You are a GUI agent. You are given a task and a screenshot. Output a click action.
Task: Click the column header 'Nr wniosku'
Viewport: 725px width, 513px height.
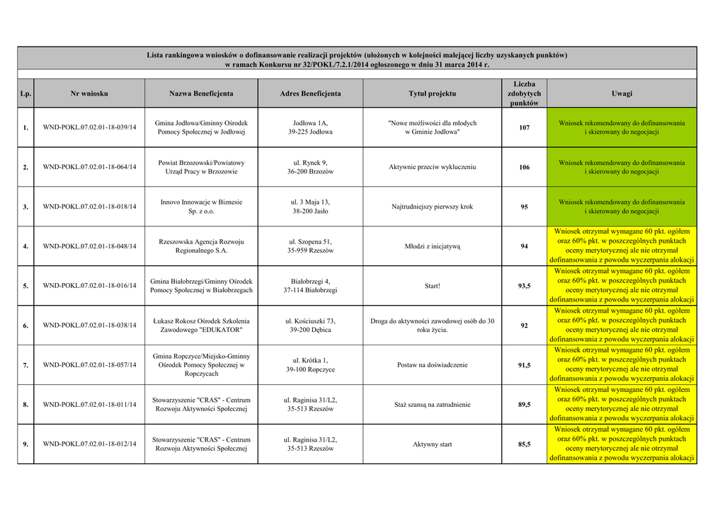click(x=89, y=93)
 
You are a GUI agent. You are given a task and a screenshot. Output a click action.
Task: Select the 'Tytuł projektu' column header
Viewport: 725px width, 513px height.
click(x=432, y=93)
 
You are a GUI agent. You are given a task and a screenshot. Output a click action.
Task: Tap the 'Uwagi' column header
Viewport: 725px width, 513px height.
click(x=622, y=93)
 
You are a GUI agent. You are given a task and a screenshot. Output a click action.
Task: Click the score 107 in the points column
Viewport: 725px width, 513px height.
click(x=524, y=127)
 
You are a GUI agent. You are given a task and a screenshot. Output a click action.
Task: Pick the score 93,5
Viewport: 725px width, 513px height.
click(x=524, y=286)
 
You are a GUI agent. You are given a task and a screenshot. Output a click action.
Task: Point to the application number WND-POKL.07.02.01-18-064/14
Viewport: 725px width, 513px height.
click(x=89, y=167)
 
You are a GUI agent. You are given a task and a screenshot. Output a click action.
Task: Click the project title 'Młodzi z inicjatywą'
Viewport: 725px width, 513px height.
click(x=432, y=246)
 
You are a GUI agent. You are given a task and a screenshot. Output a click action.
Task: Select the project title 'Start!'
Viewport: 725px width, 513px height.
click(x=432, y=286)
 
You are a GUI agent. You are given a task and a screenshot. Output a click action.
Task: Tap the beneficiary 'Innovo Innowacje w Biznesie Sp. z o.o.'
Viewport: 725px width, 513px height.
click(x=201, y=207)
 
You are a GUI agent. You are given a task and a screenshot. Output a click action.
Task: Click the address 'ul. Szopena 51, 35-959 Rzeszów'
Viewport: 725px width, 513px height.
click(x=310, y=246)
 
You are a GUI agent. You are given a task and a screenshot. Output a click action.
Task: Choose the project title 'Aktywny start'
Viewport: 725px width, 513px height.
click(x=432, y=444)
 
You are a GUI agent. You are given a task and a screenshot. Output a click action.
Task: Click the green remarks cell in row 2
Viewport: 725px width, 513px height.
click(x=622, y=167)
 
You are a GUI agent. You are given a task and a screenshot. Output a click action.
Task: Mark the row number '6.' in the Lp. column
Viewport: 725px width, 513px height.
click(x=25, y=325)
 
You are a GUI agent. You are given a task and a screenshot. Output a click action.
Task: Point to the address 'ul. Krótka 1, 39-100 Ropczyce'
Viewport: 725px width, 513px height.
click(x=310, y=365)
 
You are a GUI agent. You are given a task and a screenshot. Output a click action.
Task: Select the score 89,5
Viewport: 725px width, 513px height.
click(x=524, y=405)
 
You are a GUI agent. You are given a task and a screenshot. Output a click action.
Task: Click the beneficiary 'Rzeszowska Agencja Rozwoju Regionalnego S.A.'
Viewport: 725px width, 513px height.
click(x=201, y=246)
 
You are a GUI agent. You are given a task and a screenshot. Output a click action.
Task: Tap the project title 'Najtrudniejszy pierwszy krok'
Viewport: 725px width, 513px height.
click(x=432, y=207)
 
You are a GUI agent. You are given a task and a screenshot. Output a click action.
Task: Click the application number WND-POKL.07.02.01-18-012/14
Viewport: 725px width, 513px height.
click(x=89, y=444)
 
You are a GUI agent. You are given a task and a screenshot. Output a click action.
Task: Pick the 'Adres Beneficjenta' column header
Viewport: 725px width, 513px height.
click(x=310, y=93)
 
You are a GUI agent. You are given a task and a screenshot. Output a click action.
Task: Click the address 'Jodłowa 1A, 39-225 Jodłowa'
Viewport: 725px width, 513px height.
click(x=310, y=127)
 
